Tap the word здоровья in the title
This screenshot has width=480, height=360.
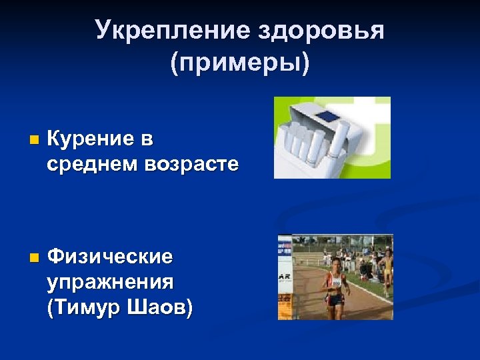[320, 30]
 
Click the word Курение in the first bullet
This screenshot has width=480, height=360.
[91, 139]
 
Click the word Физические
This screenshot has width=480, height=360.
[111, 256]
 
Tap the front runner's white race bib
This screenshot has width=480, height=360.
[335, 282]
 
